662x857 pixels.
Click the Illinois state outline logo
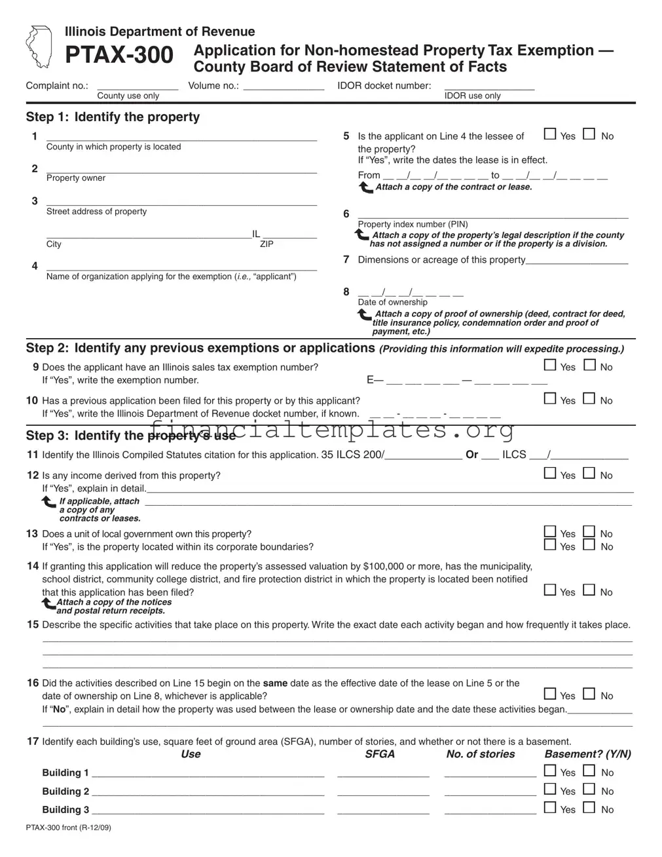point(39,47)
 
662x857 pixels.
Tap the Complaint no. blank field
point(138,86)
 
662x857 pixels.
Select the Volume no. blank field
point(284,86)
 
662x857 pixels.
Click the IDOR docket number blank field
point(489,86)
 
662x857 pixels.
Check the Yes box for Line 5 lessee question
point(551,135)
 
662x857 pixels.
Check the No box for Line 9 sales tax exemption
point(589,366)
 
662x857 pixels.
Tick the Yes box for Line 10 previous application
point(551,399)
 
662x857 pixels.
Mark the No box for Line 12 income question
point(589,474)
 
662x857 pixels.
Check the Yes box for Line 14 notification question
point(551,590)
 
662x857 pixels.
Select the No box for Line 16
point(589,694)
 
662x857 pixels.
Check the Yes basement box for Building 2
point(551,790)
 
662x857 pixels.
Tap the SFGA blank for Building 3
point(383,811)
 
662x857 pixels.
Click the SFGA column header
point(380,754)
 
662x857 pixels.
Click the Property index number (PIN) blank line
point(492,216)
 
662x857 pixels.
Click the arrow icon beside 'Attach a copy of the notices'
point(48,603)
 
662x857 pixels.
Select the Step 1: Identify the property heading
point(113,117)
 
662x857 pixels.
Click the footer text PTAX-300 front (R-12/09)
point(69,828)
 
